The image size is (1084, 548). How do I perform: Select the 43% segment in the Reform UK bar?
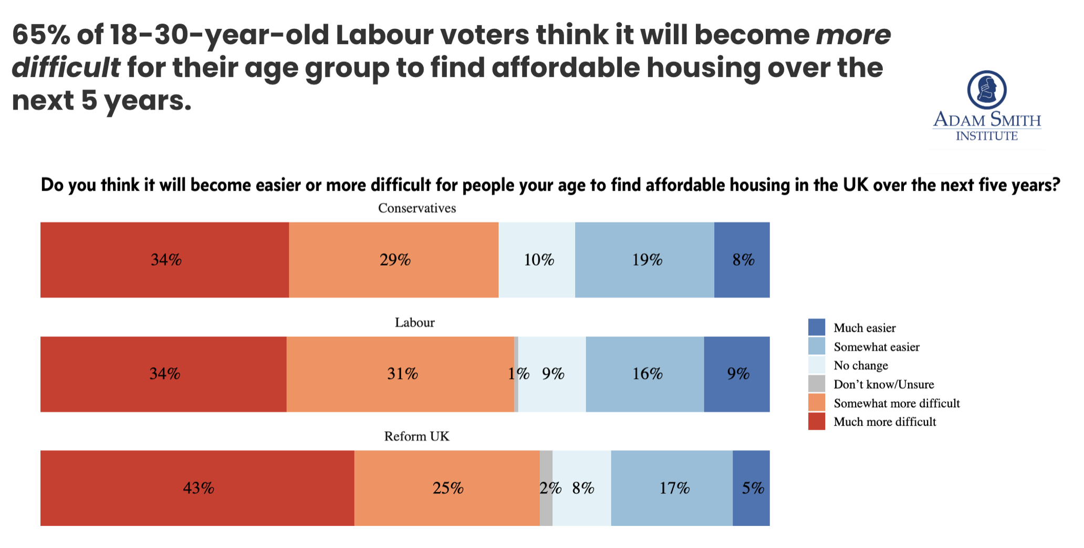tap(197, 488)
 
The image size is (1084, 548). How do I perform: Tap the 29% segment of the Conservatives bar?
tap(394, 260)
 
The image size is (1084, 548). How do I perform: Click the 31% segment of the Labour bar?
tap(400, 374)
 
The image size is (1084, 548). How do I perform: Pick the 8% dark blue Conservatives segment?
tap(742, 260)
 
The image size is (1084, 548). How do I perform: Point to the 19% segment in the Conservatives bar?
tap(644, 260)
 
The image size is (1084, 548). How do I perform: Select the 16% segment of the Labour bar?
tap(645, 374)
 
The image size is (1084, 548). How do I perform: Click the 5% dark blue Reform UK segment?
tap(751, 488)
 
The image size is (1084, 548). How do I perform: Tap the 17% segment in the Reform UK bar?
tap(672, 488)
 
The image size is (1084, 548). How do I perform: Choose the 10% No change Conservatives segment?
tap(537, 260)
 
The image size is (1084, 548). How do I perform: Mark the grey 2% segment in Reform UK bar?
tap(546, 488)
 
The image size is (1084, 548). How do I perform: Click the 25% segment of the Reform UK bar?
tap(447, 488)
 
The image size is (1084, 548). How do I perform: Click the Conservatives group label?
tap(417, 208)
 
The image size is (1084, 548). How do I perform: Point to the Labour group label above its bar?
tap(415, 322)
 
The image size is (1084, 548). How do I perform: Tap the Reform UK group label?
tap(417, 436)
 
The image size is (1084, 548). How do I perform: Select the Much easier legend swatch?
tap(817, 328)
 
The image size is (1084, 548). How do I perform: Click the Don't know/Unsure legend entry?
tap(871, 384)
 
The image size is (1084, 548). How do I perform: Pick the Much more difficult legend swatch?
tap(817, 421)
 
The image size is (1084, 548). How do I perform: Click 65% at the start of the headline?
tap(41, 35)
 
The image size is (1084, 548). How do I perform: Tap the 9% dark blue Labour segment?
tap(737, 374)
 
